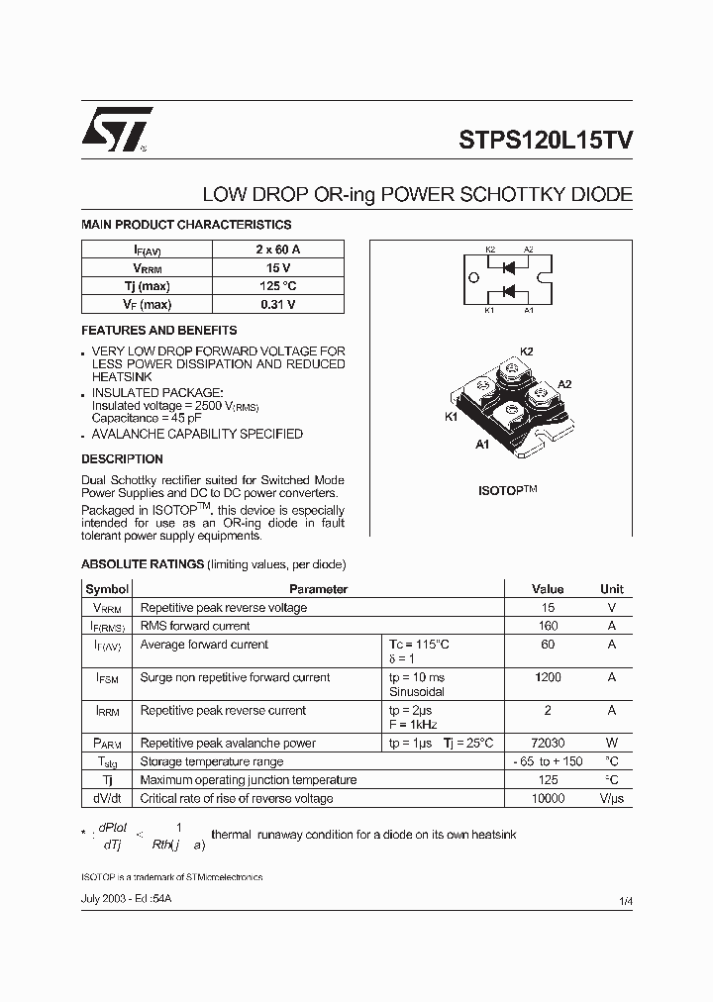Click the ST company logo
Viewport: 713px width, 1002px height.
(117, 131)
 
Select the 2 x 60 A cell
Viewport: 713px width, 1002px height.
(278, 250)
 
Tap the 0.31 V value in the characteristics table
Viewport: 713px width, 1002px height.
(278, 304)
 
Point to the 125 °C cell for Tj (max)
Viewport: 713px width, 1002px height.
(278, 286)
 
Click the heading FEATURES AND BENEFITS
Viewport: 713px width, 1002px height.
(158, 331)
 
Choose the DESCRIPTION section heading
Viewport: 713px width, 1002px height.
(122, 459)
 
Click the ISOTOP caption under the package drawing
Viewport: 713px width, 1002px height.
(507, 490)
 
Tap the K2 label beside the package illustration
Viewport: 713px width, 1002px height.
(526, 351)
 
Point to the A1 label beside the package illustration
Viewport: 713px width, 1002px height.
(482, 446)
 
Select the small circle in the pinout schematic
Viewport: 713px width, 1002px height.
(473, 278)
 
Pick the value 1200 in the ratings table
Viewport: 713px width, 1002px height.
(548, 677)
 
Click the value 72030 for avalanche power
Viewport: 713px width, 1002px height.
(548, 743)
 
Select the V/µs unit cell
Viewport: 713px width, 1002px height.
(611, 798)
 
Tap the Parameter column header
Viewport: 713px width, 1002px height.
(318, 589)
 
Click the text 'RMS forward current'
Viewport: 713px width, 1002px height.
(195, 626)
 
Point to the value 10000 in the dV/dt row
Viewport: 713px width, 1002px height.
(548, 798)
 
